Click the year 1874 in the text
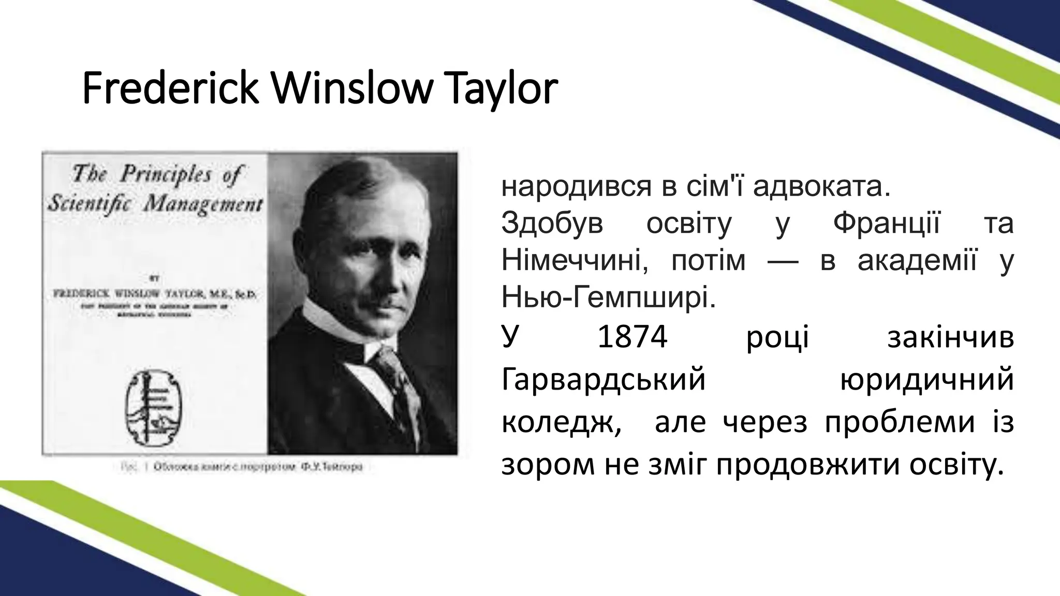pyautogui.click(x=632, y=338)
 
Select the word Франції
pyautogui.click(x=886, y=224)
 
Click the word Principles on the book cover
pyautogui.click(x=166, y=175)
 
